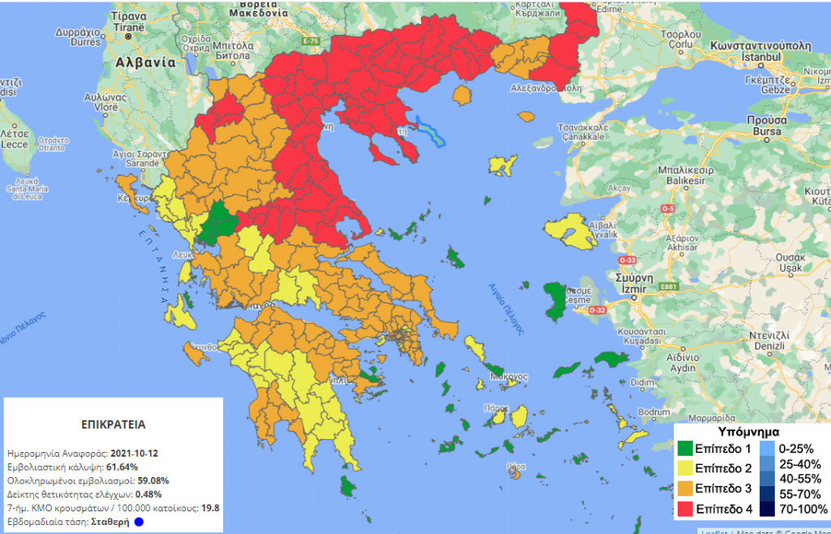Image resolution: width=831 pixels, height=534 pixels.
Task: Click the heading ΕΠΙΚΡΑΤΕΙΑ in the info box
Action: coord(114,424)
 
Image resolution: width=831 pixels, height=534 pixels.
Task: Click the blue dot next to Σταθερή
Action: coord(139,522)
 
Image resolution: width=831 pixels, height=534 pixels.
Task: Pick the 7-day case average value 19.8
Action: coord(210,508)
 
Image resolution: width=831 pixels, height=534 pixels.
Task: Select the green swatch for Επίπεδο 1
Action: coord(687,449)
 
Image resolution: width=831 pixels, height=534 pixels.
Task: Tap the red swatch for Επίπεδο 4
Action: coord(687,510)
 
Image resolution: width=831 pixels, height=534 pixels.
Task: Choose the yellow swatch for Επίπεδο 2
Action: coord(687,469)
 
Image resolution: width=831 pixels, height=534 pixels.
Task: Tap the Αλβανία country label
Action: coord(146,62)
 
